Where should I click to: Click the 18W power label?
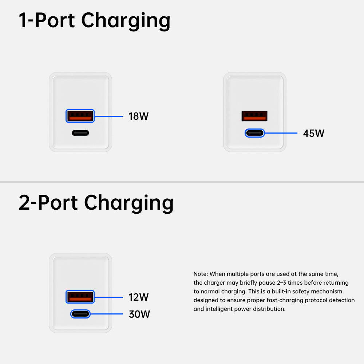(138, 116)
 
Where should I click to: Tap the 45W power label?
(313, 133)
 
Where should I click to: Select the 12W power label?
(138, 297)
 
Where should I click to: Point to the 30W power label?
(139, 314)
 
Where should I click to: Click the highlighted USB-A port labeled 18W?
(80, 116)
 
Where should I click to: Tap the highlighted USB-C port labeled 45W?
(255, 133)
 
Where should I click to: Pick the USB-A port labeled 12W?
(80, 297)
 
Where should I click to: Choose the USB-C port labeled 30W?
(80, 314)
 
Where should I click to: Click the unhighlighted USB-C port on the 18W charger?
(80, 133)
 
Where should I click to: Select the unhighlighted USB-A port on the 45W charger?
(255, 116)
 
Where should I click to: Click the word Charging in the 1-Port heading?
(126, 21)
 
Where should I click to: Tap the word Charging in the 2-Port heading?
(129, 203)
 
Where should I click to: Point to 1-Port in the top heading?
(47, 20)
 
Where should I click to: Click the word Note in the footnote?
(200, 274)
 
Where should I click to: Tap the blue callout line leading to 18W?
(108, 116)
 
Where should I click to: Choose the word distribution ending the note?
(269, 309)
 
